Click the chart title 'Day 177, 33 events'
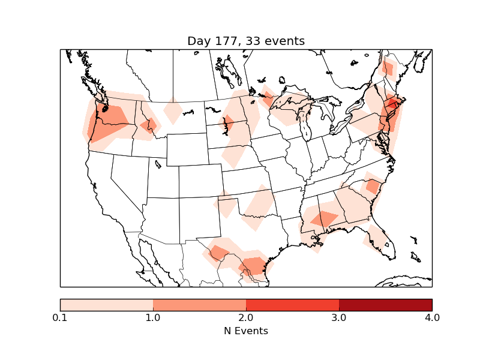[x=246, y=41]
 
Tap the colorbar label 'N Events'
[x=246, y=331]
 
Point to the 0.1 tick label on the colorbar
[x=60, y=317]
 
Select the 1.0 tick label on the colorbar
[x=153, y=317]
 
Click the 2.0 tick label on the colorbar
[x=246, y=317]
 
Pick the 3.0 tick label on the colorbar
[x=339, y=317]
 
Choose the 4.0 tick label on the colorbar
[x=432, y=317]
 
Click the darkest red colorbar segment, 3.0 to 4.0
[x=385, y=304]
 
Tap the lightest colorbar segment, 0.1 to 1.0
[x=106, y=304]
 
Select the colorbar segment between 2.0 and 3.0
[x=292, y=304]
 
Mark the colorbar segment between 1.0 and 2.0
[x=199, y=304]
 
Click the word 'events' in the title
[x=285, y=41]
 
